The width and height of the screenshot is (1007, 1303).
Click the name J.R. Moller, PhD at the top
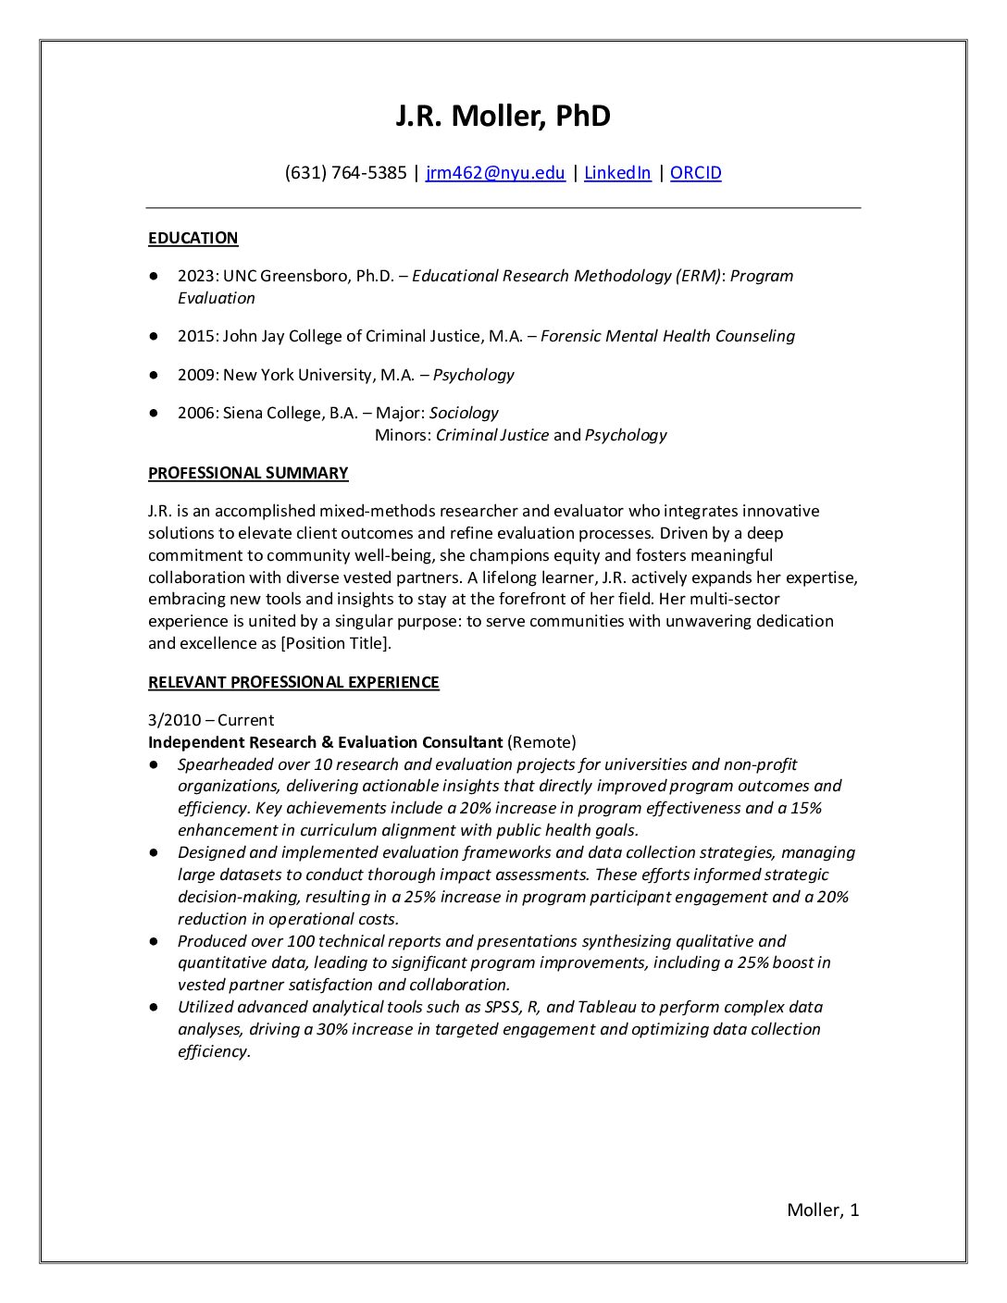pyautogui.click(x=503, y=117)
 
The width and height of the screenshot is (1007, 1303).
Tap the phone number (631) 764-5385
pyautogui.click(x=345, y=173)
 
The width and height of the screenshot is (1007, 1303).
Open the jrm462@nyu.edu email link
pyautogui.click(x=495, y=173)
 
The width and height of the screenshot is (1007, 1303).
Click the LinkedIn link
pyautogui.click(x=617, y=173)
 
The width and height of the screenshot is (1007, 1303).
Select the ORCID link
pyautogui.click(x=695, y=173)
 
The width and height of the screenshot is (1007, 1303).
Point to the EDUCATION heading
pyautogui.click(x=193, y=239)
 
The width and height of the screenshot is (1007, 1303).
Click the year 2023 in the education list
pyautogui.click(x=195, y=276)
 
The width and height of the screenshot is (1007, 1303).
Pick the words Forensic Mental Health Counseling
pyautogui.click(x=667, y=337)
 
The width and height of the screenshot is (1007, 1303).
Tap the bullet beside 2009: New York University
pyautogui.click(x=154, y=375)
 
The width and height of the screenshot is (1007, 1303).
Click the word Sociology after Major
pyautogui.click(x=464, y=413)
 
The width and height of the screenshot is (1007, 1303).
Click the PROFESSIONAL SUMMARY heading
pyautogui.click(x=248, y=474)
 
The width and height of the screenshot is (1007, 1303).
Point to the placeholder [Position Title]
pyautogui.click(x=336, y=644)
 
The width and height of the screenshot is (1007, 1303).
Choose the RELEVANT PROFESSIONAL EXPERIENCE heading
pyautogui.click(x=293, y=683)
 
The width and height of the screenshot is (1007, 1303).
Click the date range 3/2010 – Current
pyautogui.click(x=211, y=720)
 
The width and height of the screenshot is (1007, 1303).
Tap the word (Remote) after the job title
pyautogui.click(x=541, y=742)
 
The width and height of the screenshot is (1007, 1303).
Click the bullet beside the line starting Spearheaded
pyautogui.click(x=154, y=764)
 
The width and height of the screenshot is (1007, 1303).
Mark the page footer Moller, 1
pyautogui.click(x=823, y=1210)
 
